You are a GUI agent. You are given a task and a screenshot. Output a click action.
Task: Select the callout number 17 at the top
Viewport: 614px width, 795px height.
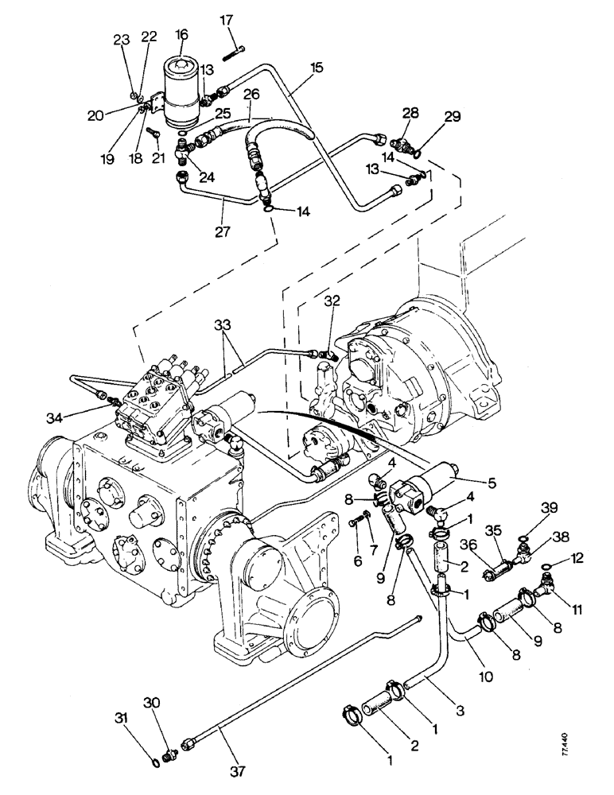[227, 20]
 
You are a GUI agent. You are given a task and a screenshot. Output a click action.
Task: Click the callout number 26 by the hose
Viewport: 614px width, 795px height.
[251, 95]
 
